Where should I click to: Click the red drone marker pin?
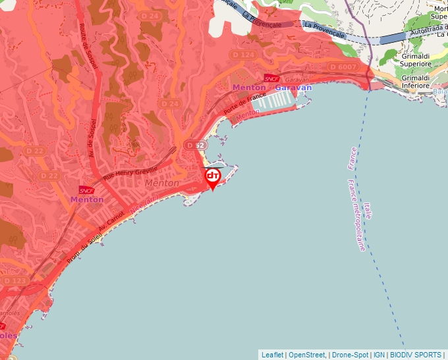212,178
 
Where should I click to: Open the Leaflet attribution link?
272,355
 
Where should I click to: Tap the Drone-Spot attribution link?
349,355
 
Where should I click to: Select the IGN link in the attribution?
379,355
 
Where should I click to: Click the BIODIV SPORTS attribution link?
416,355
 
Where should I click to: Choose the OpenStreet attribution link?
306,355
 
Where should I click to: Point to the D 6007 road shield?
343,66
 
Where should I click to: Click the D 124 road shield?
244,55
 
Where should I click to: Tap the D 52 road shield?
194,145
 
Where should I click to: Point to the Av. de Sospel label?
93,138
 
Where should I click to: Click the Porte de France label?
240,104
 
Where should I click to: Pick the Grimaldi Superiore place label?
416,61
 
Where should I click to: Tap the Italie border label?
367,211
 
